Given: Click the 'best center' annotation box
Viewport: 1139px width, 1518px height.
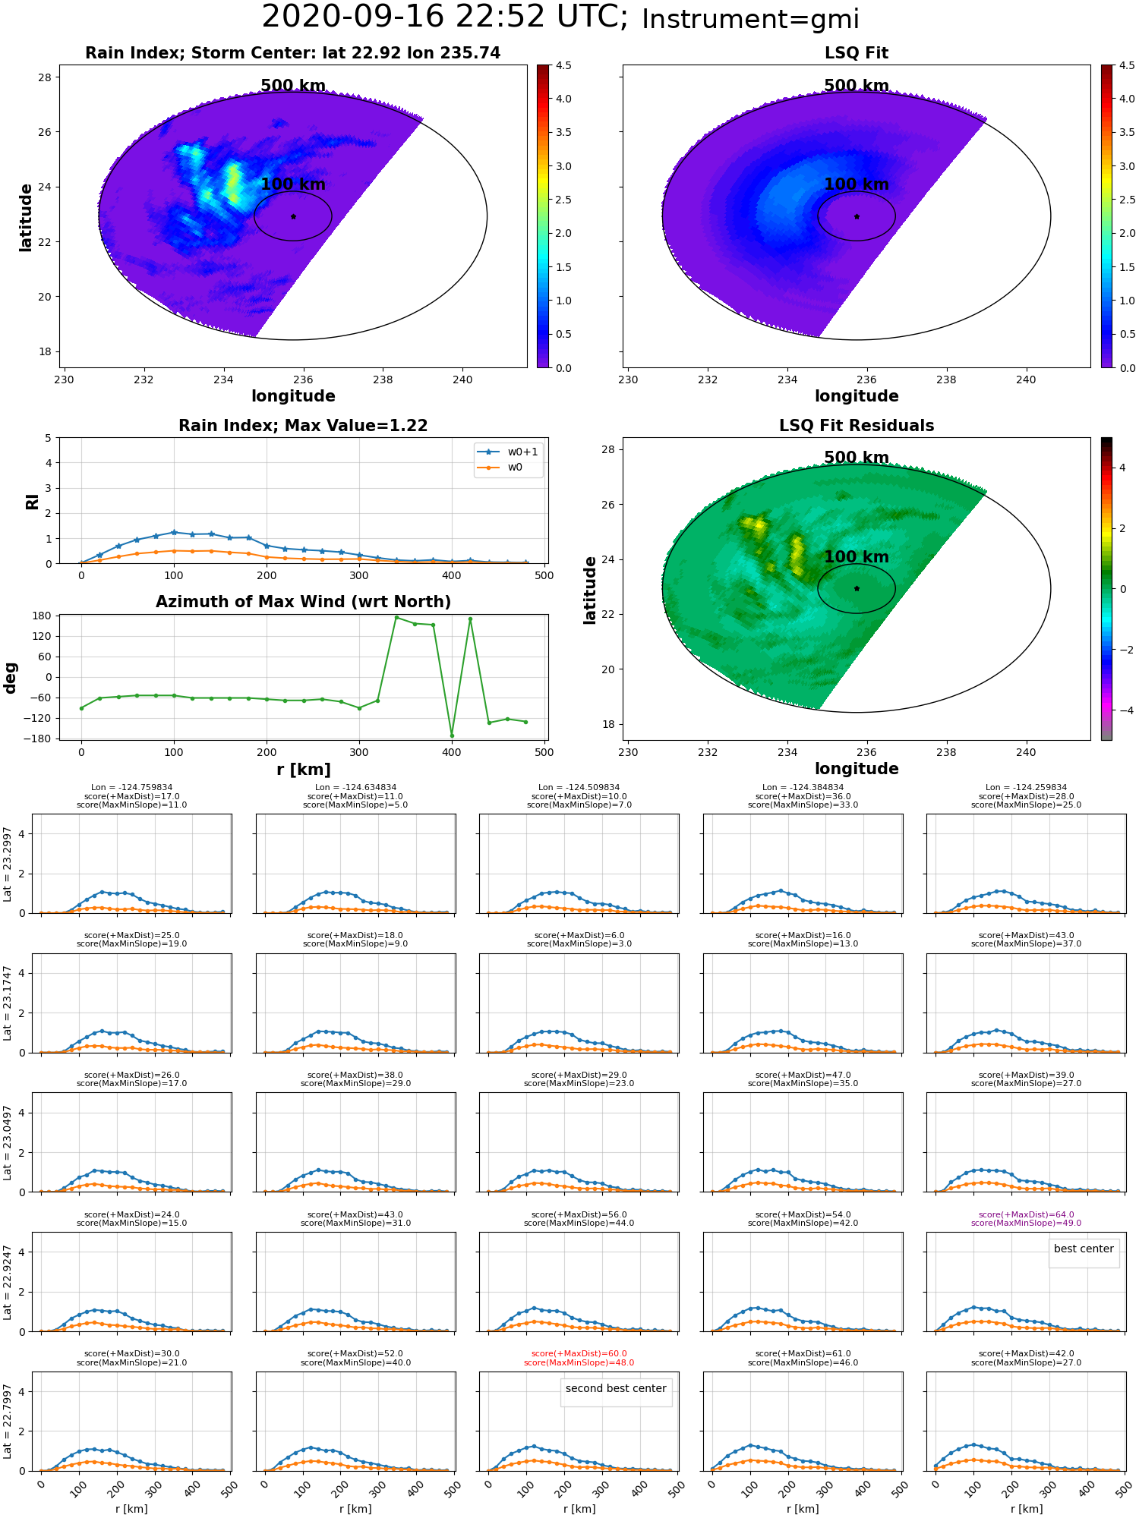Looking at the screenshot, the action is tap(1084, 1249).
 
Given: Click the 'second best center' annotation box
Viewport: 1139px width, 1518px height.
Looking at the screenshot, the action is tap(616, 1388).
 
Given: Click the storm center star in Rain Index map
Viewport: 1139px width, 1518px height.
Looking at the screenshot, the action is tap(293, 216).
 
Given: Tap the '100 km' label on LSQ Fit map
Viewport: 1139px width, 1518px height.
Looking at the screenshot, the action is tap(857, 184).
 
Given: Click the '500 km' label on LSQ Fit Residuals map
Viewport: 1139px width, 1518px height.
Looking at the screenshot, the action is tap(857, 458).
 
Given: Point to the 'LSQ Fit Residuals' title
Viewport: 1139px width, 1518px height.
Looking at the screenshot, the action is tap(857, 426).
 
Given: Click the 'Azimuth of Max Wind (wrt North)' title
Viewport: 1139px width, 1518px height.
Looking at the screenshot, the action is tap(304, 602).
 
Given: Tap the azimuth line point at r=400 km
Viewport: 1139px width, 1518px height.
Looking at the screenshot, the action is tap(452, 735).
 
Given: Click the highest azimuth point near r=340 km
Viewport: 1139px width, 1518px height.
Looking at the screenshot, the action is tap(396, 618).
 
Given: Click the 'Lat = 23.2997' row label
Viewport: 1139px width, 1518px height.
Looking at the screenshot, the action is tap(8, 864).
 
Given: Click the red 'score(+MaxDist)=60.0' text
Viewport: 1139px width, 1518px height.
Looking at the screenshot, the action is tap(579, 1354).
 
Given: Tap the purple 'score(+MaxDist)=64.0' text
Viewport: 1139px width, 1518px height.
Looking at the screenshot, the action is tap(1026, 1214).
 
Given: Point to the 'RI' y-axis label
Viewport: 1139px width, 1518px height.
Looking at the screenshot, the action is tap(33, 502).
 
